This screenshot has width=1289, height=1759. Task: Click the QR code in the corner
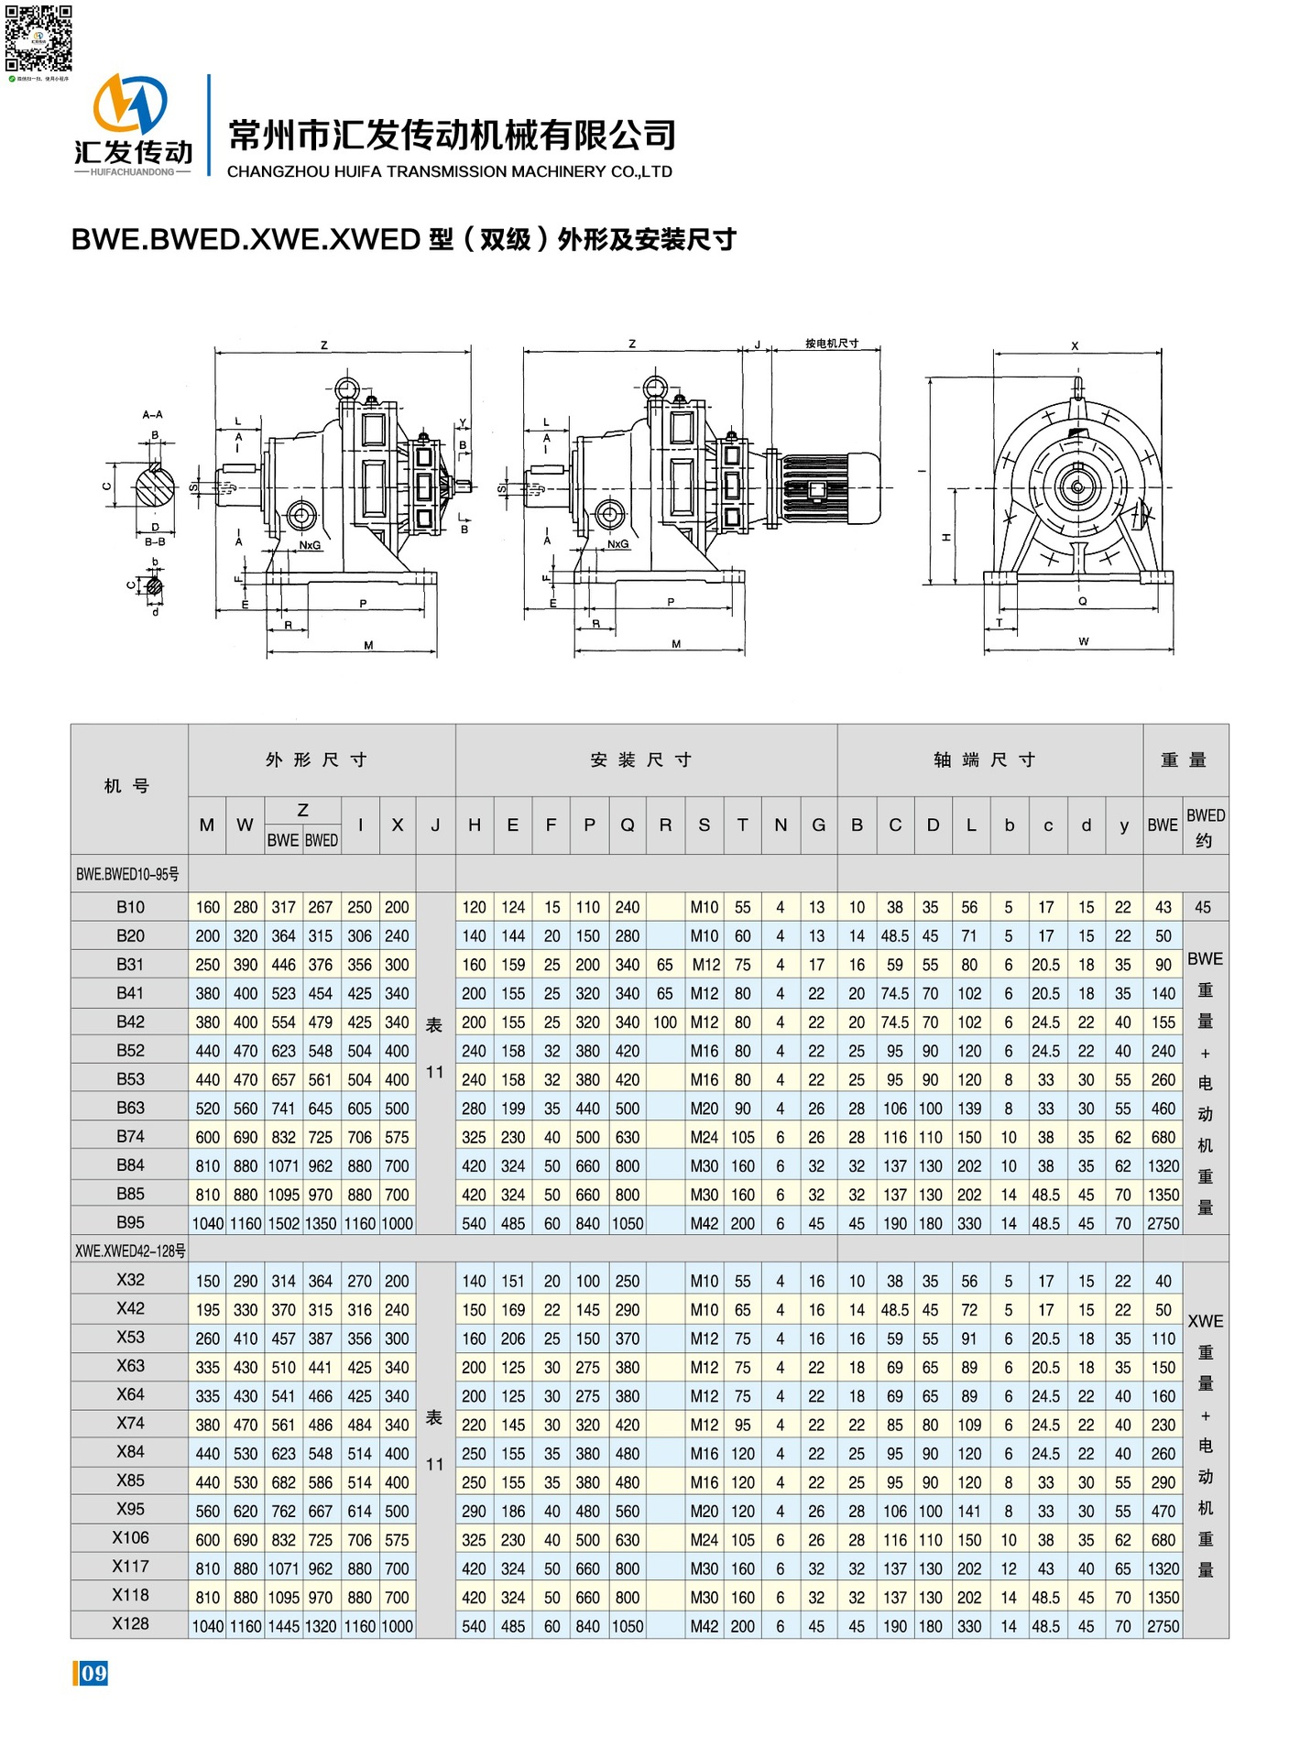pos(38,38)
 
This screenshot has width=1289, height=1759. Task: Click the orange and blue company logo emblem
pos(131,104)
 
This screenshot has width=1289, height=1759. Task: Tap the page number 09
pos(92,1674)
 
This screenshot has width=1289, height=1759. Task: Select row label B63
pos(130,1108)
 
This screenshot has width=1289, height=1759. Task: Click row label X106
pos(130,1538)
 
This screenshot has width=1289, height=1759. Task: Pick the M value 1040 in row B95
pos(208,1223)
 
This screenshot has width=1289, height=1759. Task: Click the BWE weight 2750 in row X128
pos(1163,1626)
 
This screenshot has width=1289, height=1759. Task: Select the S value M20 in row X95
pos(704,1511)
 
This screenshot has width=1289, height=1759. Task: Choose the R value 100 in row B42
pos(665,1022)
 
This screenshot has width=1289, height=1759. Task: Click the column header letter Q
pos(628,825)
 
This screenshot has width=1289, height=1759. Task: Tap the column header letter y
pos(1123,825)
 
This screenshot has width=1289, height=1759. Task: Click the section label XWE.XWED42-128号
pos(131,1251)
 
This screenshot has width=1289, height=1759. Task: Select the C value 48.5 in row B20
pos(894,936)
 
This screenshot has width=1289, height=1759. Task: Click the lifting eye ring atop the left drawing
pos(346,388)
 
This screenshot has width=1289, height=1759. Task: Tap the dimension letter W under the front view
pos(1083,641)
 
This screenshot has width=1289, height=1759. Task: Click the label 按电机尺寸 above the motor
pos(832,344)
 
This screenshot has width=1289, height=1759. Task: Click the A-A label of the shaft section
pos(152,415)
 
